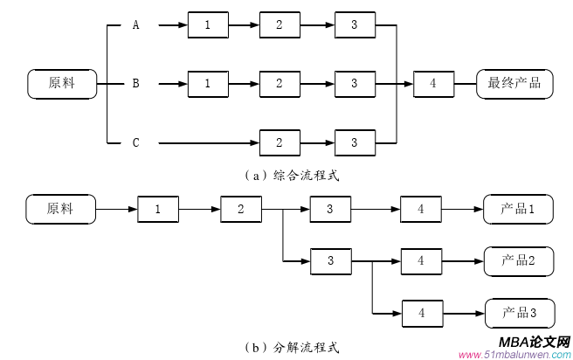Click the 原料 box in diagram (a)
(62, 84)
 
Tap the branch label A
(135, 25)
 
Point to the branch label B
(135, 84)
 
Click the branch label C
(135, 142)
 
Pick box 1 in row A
(207, 25)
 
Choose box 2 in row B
(279, 84)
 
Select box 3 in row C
(354, 142)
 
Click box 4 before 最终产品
(432, 84)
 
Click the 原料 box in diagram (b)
(60, 210)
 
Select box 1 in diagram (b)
(158, 210)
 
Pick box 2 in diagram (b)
(240, 210)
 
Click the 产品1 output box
(518, 210)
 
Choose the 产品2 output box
(518, 260)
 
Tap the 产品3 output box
(518, 312)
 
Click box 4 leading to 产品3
(420, 312)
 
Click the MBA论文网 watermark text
(534, 342)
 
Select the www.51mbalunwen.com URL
(513, 354)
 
